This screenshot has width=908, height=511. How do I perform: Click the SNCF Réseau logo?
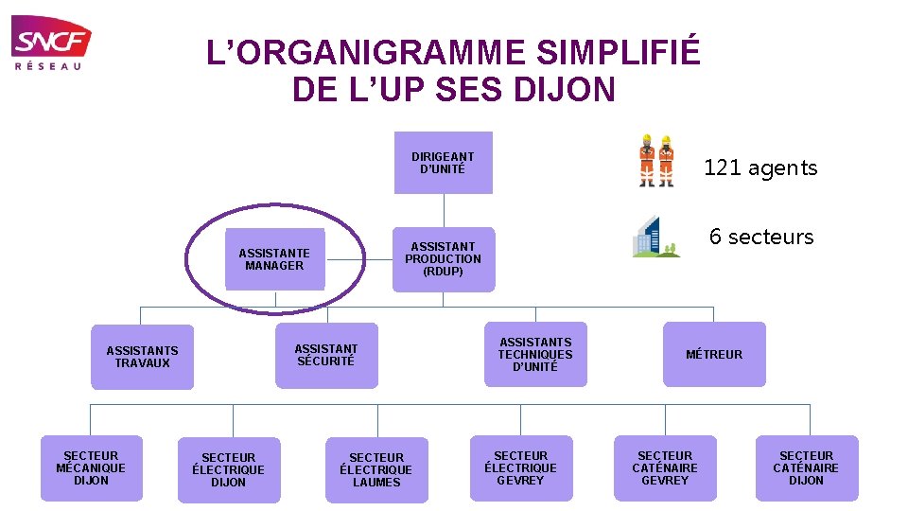point(51,43)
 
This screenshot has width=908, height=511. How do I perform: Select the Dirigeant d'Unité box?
point(443,163)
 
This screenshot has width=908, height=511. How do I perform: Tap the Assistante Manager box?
point(274,258)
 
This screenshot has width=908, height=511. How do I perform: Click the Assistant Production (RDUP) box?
point(443,258)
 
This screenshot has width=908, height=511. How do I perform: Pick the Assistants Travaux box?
point(142,357)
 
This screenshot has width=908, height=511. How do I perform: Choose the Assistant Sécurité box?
point(326,355)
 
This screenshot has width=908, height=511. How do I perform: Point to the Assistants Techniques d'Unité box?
point(535,355)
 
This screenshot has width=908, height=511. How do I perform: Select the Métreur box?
point(714,355)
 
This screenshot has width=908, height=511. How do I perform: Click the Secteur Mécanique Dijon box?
point(91,468)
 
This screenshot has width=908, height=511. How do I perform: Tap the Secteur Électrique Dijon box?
point(229,470)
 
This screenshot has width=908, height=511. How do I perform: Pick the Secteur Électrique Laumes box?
point(376,470)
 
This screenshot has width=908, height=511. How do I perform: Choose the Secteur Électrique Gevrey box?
point(521,468)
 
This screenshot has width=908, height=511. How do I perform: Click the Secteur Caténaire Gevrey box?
point(665,468)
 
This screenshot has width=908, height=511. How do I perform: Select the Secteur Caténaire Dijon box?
point(806,468)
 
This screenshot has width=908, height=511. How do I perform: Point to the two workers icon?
point(656,160)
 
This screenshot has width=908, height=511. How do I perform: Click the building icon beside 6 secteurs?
point(656,237)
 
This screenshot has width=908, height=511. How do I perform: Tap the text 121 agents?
point(760,168)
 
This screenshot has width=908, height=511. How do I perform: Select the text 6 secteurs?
point(761,237)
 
